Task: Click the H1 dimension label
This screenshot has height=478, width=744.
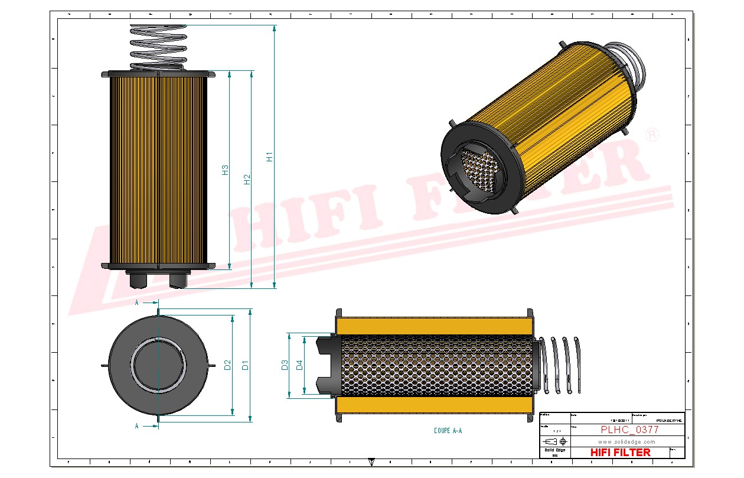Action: (269, 157)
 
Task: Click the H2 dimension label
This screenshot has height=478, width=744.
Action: (247, 179)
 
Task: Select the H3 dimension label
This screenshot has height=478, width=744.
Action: (225, 170)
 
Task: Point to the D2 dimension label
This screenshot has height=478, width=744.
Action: (227, 366)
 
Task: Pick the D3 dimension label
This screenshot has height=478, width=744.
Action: (284, 365)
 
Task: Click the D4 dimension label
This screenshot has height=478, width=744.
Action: (299, 365)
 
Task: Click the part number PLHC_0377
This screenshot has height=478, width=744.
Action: (629, 430)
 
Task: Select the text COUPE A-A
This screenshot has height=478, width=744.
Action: (448, 431)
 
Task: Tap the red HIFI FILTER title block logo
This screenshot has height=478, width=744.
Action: (621, 452)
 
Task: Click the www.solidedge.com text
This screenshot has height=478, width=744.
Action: (627, 441)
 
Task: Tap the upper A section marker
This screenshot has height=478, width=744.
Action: (137, 303)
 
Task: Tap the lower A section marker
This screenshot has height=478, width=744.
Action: (137, 425)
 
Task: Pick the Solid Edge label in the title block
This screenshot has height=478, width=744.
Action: (554, 450)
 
